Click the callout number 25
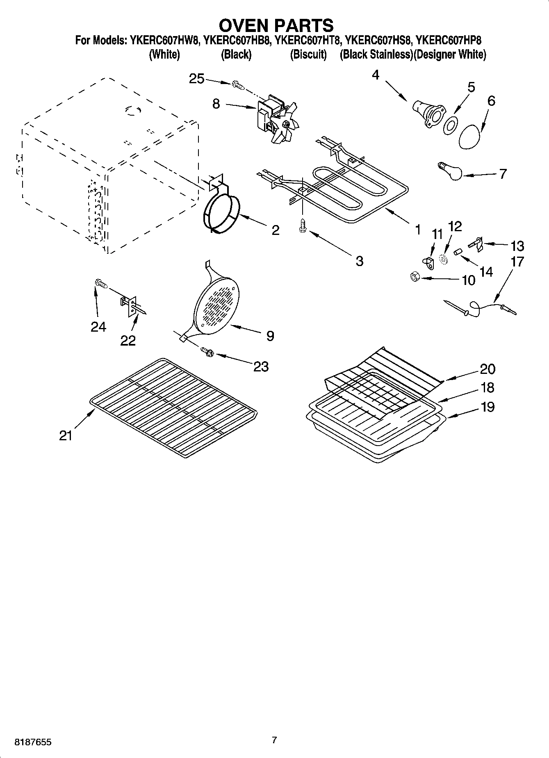point(196,79)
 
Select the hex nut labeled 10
point(415,277)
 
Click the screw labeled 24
point(100,283)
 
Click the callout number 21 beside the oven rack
point(66,435)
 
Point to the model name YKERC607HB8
point(236,41)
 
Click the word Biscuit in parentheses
point(308,55)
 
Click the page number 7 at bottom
point(274,740)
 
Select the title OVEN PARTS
point(276,25)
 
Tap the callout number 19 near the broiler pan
point(487,407)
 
